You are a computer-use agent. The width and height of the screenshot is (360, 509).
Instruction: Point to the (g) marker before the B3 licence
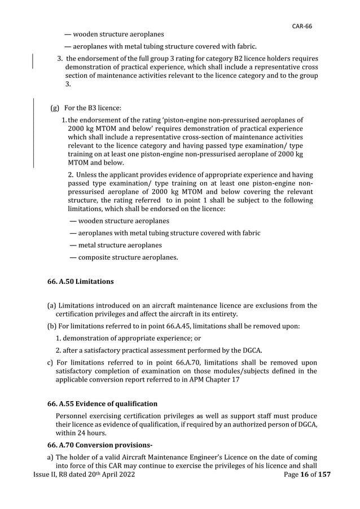click(55, 107)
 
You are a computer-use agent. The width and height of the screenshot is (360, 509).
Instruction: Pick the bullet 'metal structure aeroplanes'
click(116, 245)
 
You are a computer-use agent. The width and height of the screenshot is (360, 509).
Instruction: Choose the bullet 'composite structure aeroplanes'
click(123, 258)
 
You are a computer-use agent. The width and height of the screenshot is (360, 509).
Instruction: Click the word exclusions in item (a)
click(264, 306)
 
